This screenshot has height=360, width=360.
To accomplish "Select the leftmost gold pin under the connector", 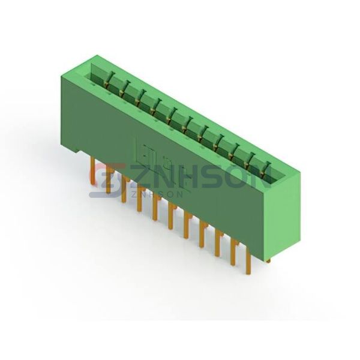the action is [92, 170].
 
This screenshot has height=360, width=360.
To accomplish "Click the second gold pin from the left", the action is [109, 181].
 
